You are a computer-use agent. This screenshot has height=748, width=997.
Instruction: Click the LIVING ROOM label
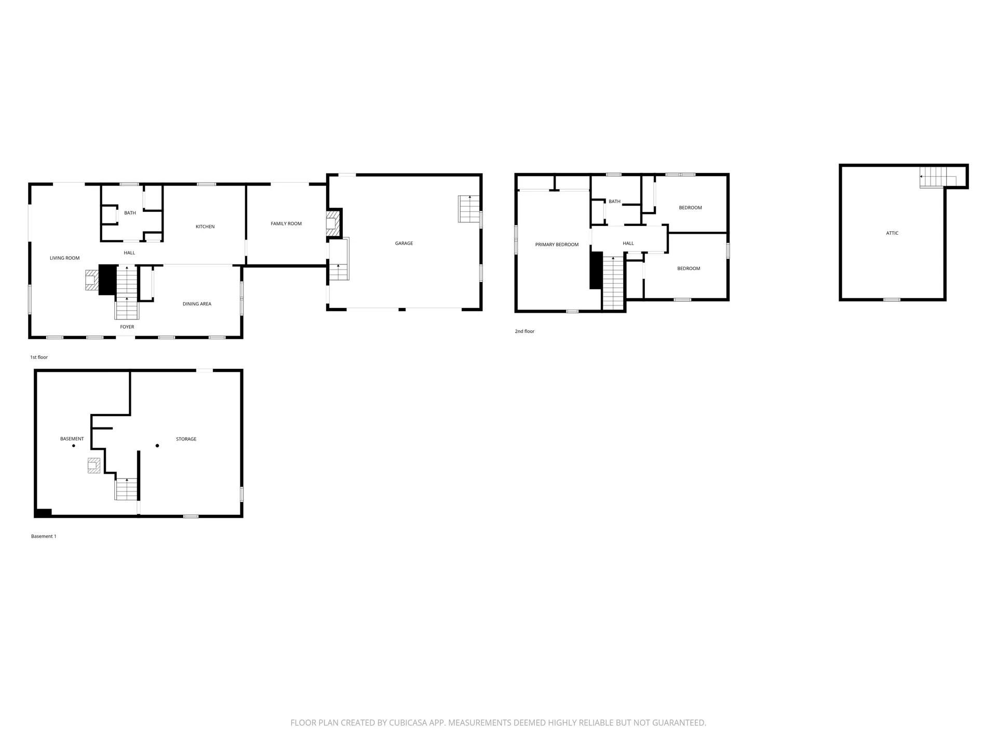(x=65, y=258)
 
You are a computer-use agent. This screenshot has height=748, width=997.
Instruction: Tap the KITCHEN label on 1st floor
(x=205, y=226)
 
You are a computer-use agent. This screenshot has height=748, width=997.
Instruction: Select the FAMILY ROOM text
(x=286, y=224)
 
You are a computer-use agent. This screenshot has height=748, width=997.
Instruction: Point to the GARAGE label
(x=404, y=243)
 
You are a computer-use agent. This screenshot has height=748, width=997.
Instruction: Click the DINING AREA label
(x=197, y=304)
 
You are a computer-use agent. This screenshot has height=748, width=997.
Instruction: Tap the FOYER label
(x=127, y=327)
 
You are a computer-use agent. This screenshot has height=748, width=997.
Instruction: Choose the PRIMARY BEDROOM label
(x=557, y=245)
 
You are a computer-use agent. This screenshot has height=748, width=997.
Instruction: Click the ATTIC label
(x=892, y=233)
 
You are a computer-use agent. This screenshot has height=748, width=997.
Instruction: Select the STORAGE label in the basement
(x=186, y=439)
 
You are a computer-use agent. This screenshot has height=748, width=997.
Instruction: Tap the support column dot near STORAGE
(x=157, y=446)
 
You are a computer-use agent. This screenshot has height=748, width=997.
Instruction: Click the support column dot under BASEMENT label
(x=74, y=446)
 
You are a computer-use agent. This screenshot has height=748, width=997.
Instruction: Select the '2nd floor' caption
(x=524, y=331)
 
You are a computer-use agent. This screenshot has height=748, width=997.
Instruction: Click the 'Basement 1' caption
(x=44, y=536)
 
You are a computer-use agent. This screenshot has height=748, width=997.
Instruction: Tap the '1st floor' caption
(x=39, y=357)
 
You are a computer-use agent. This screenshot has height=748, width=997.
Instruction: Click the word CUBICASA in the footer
(x=410, y=723)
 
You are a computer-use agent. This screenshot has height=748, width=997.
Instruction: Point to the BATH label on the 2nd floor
(x=614, y=202)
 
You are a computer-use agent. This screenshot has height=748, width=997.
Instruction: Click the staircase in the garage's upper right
(x=469, y=209)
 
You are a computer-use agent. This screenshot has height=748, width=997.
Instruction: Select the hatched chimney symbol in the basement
(x=94, y=465)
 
